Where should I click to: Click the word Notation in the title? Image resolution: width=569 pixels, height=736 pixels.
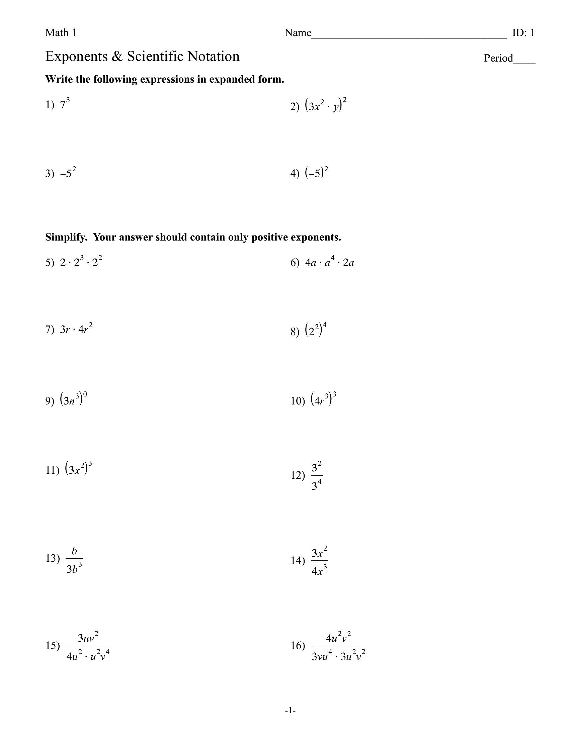point(214,56)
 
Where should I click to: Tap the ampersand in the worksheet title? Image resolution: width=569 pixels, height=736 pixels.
point(116,57)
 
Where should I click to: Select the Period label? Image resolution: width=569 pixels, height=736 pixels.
point(498,58)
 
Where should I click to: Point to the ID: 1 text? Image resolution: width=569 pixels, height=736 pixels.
point(523,33)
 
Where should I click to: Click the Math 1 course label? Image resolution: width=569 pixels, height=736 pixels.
point(61,33)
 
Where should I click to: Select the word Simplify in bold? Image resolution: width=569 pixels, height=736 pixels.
point(66,237)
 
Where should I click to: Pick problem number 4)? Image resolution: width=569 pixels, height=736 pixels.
point(295,174)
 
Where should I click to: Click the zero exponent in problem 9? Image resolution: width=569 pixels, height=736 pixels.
point(85,394)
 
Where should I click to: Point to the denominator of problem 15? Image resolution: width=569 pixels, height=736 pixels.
point(88,656)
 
